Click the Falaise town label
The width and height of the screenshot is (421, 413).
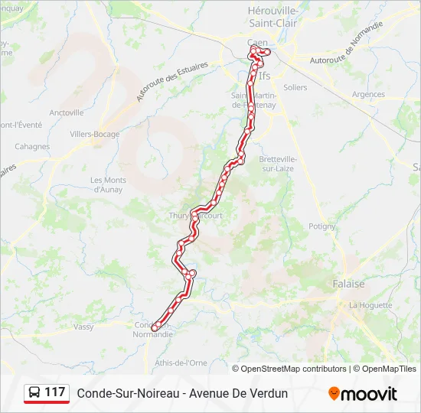point(348,284)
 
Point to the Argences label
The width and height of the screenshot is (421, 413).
point(368,95)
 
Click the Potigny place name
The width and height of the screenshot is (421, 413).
point(321,226)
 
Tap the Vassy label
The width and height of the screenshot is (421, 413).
point(83,327)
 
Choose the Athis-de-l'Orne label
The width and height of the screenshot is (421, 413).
point(181,363)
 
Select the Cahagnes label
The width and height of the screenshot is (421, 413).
point(32,147)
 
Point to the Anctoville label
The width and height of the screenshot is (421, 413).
point(67,112)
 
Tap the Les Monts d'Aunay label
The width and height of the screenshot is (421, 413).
point(107,185)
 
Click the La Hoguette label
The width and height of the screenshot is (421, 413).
point(370,305)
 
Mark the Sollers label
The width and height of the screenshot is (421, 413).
point(295,88)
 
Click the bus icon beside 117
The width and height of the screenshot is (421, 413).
point(34,393)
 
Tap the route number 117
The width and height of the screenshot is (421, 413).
point(54,392)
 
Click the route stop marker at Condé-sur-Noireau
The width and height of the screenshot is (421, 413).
point(155,327)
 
